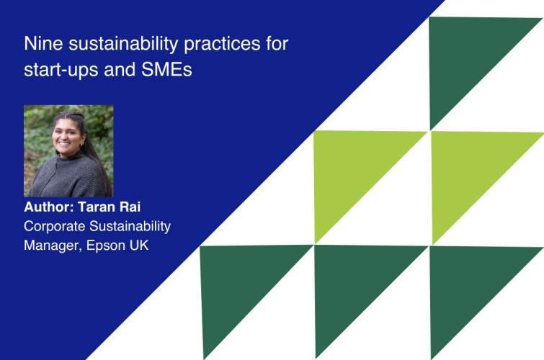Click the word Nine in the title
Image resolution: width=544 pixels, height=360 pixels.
click(x=40, y=44)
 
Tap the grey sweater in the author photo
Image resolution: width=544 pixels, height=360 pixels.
click(x=66, y=179)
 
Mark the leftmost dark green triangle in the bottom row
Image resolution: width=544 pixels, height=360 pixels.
click(x=238, y=284)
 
